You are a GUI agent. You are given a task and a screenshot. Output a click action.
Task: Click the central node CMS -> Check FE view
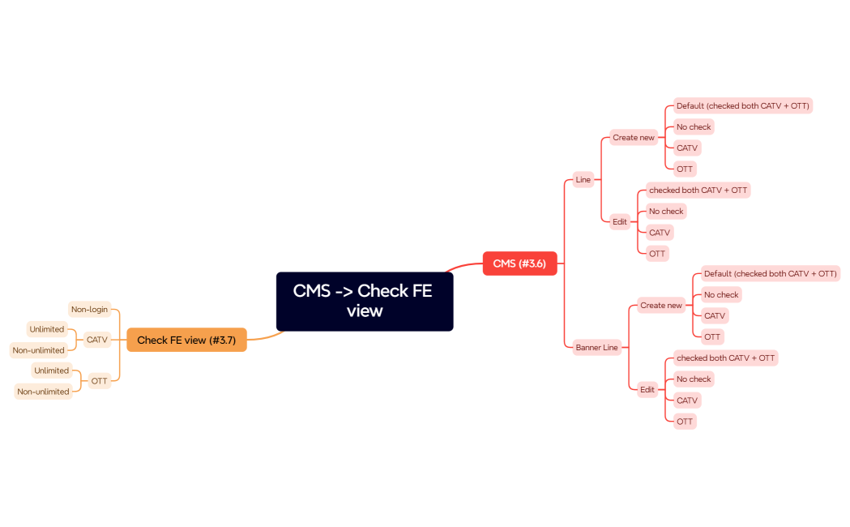tap(364, 301)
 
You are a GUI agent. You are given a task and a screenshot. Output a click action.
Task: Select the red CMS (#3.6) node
tap(519, 263)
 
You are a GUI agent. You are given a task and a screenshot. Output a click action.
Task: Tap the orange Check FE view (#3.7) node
tap(186, 341)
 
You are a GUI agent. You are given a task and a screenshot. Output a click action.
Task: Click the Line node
tap(583, 179)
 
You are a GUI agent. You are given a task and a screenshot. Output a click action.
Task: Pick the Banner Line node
tap(596, 347)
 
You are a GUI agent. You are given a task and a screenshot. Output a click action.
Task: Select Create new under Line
tap(633, 138)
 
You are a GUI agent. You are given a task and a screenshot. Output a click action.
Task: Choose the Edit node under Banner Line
tap(647, 390)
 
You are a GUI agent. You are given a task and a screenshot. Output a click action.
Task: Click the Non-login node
tap(89, 309)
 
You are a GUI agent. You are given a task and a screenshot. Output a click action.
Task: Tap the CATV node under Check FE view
tap(97, 340)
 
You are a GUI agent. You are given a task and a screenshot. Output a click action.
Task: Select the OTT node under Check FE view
tap(99, 381)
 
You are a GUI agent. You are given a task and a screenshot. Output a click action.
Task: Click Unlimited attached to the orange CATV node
tap(46, 329)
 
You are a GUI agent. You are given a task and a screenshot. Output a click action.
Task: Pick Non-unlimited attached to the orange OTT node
tap(43, 392)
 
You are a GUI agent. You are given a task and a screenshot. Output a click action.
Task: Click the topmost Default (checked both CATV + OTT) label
tap(742, 106)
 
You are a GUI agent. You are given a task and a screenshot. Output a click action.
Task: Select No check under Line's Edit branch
tap(666, 212)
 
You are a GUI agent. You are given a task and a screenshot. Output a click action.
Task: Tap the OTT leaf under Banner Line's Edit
tap(685, 422)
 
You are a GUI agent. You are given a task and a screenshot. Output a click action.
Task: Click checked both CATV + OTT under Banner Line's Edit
tap(725, 358)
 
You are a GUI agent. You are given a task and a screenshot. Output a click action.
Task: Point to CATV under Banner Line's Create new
tap(714, 316)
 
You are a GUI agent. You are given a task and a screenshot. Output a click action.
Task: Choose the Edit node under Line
tap(620, 221)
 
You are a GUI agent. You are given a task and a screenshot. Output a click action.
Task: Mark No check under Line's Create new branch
tap(694, 127)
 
